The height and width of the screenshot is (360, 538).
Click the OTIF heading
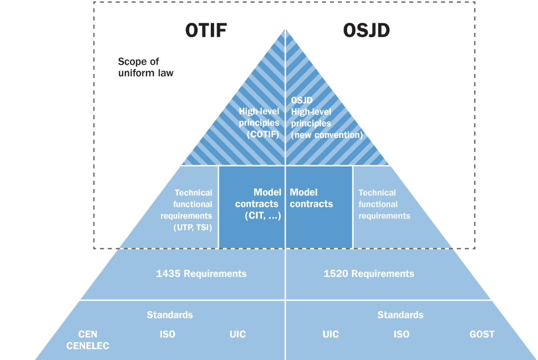(205, 31)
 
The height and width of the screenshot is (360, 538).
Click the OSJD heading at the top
(366, 31)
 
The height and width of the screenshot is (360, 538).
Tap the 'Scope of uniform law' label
(146, 67)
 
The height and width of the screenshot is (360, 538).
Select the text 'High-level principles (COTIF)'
(259, 123)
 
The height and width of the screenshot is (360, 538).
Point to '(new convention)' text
(327, 135)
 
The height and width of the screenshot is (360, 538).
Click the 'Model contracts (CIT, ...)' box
(252, 207)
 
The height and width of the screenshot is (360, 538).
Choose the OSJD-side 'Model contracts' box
(319, 207)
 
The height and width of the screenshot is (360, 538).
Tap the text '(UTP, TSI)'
(193, 228)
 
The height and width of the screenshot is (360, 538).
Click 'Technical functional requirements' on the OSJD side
(384, 204)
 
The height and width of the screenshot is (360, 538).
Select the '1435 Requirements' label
(201, 274)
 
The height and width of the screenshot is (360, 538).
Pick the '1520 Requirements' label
(369, 274)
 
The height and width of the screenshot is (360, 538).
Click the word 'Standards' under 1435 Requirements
(170, 315)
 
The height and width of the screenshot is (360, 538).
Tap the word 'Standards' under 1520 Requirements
(400, 315)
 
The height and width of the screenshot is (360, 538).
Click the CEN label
(88, 334)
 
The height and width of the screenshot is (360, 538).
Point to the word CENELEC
(88, 346)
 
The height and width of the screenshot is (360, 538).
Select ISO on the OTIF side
(167, 334)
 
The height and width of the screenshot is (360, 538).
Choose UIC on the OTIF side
(238, 334)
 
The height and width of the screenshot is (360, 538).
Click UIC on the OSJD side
(331, 334)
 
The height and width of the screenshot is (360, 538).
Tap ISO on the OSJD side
(401, 334)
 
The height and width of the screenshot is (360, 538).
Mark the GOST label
(482, 334)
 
